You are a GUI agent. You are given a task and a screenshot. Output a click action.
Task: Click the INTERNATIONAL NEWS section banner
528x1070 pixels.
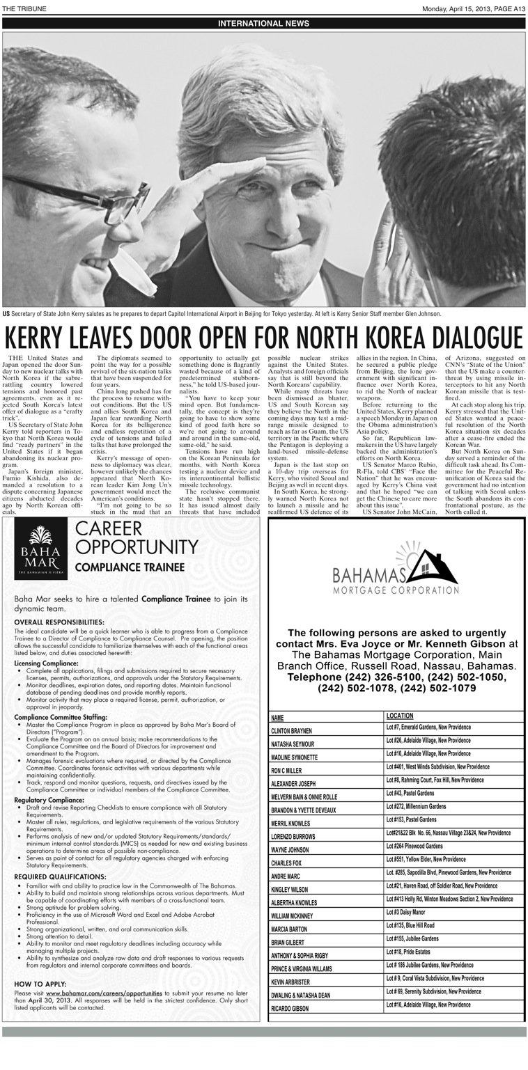point(264,23)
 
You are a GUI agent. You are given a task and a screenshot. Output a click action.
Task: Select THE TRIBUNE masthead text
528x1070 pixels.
point(24,8)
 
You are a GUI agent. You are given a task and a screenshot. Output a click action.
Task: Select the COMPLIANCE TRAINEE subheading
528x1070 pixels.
point(130,567)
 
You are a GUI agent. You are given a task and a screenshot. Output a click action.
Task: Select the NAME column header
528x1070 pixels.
point(278,716)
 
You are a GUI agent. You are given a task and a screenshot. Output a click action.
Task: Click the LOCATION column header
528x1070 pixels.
point(400,716)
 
